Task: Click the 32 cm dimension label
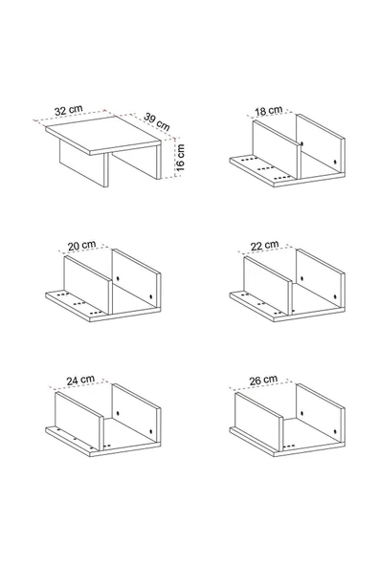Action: coord(69,111)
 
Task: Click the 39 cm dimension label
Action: coord(157,121)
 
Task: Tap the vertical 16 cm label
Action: coord(180,158)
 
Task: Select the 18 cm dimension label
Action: coord(269,111)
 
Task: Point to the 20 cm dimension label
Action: coord(82,246)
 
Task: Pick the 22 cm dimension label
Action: coord(265,246)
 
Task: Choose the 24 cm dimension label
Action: coord(80,381)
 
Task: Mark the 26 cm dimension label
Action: coord(263,381)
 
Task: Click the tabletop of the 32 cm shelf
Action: coord(103,135)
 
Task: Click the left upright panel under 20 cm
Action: coord(87,285)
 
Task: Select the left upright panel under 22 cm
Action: coord(268,285)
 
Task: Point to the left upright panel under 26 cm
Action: coord(259,421)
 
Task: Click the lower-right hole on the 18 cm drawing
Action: coord(335,163)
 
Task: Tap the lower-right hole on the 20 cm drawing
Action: coord(151,296)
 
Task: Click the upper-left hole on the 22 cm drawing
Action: coord(301,279)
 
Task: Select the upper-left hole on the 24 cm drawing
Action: coord(118,413)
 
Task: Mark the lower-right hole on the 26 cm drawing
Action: coord(335,431)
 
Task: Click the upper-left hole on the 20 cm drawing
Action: coord(118,279)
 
